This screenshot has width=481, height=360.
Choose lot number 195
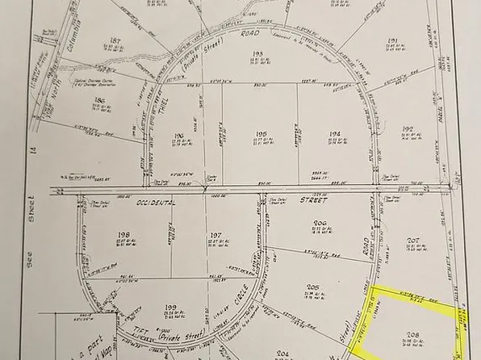(261, 134)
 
